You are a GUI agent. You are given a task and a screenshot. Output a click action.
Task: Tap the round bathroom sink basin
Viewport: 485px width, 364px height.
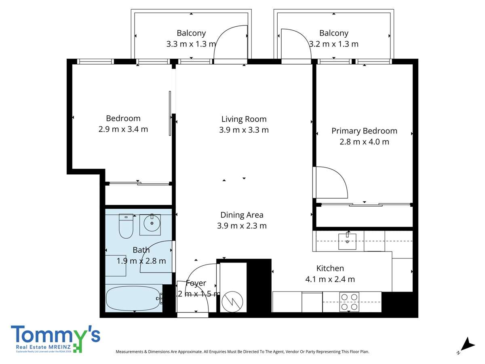pos(152,223)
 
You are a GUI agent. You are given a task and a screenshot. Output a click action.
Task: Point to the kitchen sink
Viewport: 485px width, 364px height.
pos(347,241)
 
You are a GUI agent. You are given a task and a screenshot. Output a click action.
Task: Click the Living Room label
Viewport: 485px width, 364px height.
pos(244,119)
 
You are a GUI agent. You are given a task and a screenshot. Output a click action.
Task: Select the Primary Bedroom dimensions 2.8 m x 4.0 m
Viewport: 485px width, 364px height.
pos(364,142)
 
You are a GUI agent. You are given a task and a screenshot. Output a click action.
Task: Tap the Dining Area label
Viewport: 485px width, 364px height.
pos(242,215)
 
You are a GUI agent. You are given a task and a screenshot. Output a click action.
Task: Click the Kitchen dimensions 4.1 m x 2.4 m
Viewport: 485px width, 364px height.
pos(330,279)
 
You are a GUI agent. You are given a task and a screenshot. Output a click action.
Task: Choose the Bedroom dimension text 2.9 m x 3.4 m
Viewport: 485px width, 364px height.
pos(123,129)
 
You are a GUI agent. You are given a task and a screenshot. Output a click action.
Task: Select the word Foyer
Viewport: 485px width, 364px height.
pos(196,283)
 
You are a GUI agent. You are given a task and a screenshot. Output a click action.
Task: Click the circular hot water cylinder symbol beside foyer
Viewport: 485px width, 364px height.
pos(232,301)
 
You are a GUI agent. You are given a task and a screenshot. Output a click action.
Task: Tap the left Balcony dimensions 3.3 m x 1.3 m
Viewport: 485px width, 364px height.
pos(191,44)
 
